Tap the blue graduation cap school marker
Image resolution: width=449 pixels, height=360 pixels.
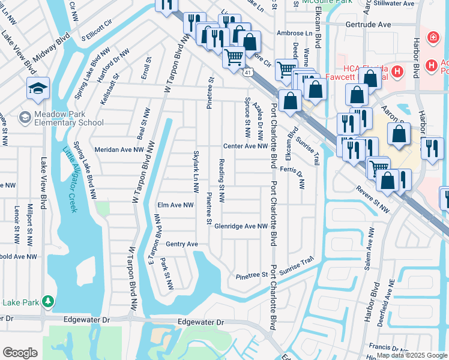[x=37, y=89]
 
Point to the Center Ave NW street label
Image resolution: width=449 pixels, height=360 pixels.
[x=245, y=146]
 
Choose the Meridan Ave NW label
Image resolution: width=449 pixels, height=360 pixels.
[x=119, y=149]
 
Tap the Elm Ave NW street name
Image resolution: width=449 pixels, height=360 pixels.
[x=175, y=205]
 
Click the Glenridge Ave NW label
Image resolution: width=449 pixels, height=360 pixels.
[x=244, y=226]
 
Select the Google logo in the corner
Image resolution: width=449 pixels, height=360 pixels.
[x=20, y=353]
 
